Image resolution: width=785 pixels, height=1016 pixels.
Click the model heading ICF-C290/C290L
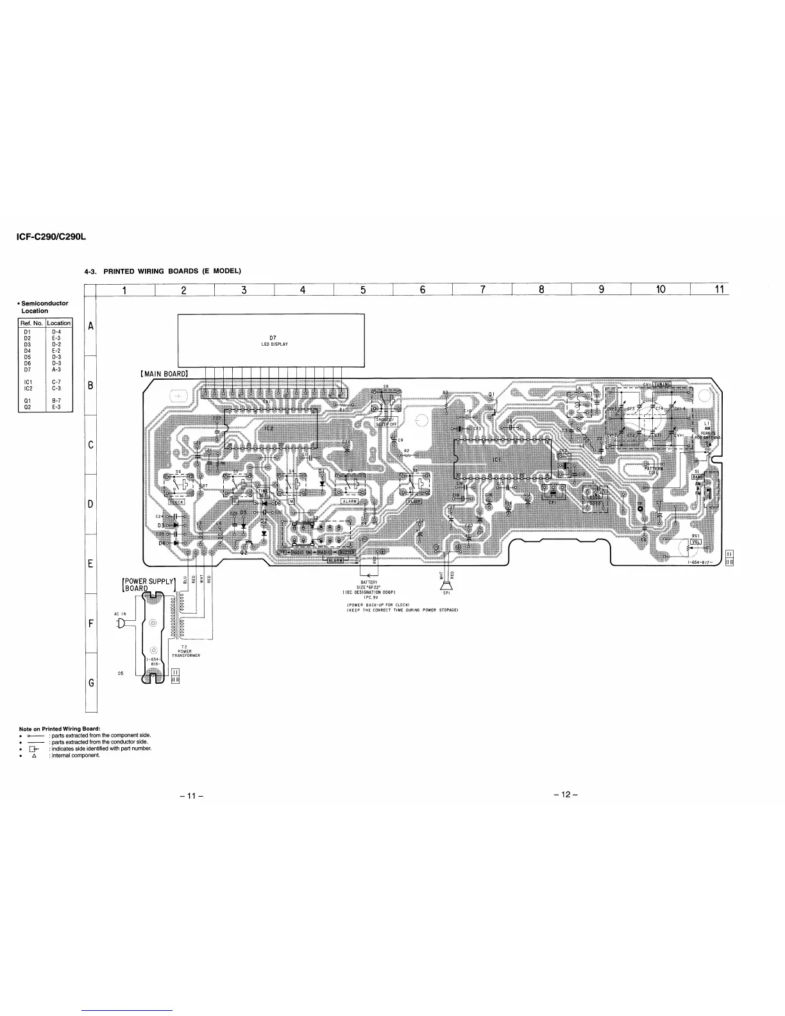(51, 237)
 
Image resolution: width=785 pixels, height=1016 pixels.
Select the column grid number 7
(482, 289)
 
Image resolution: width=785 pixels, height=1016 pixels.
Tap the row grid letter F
(90, 623)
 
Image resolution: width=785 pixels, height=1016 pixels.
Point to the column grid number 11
(718, 289)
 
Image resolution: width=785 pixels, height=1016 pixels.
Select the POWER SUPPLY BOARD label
(148, 585)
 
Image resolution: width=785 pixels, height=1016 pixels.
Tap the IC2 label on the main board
(269, 427)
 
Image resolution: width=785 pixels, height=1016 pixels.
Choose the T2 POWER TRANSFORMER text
(185, 651)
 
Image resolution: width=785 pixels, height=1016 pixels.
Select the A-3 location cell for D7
(57, 369)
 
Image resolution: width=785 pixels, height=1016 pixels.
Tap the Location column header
(58, 323)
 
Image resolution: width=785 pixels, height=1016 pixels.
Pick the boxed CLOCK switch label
(176, 502)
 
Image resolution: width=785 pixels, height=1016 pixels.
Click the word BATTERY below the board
(369, 582)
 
